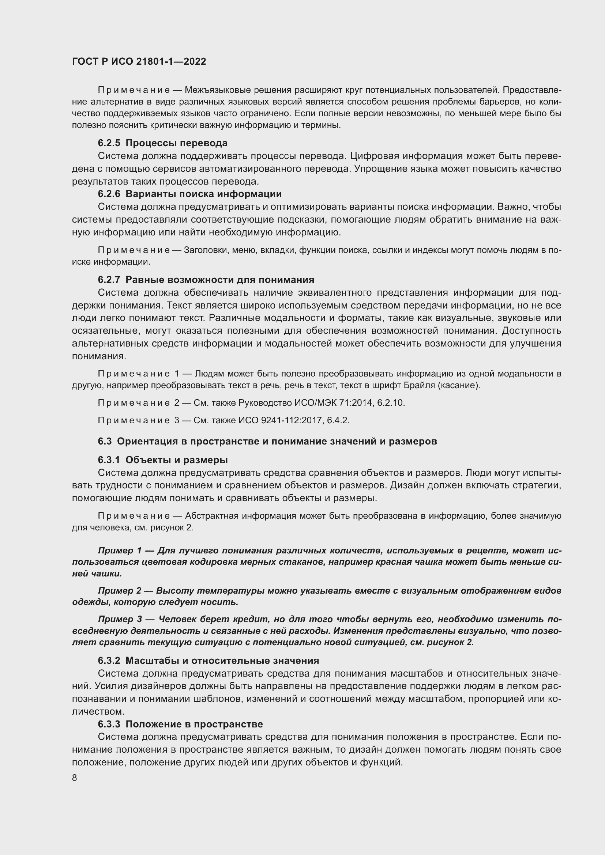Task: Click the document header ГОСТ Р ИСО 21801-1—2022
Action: click(x=139, y=62)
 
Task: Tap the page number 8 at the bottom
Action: click(x=75, y=778)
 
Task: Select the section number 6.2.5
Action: click(x=109, y=143)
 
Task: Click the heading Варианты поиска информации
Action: click(x=203, y=194)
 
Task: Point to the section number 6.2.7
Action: click(x=109, y=280)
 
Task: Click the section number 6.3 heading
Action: click(x=105, y=441)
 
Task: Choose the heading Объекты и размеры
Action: click(x=177, y=460)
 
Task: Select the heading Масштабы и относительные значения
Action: click(x=222, y=661)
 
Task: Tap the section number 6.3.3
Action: click(x=109, y=724)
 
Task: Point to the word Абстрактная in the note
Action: click(x=211, y=516)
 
